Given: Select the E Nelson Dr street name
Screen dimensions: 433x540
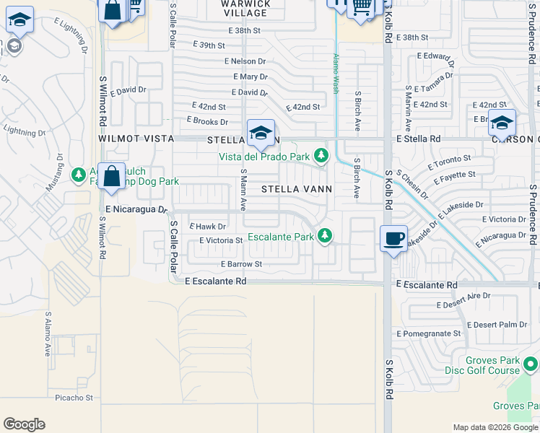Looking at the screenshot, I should pyautogui.click(x=245, y=61).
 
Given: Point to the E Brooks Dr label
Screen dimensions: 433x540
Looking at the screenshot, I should pyautogui.click(x=207, y=121).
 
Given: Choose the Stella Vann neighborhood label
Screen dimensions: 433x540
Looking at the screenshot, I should pyautogui.click(x=296, y=189).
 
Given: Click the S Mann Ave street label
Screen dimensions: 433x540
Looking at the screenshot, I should pyautogui.click(x=244, y=189).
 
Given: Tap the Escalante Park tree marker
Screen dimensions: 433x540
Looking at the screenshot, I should pyautogui.click(x=326, y=236).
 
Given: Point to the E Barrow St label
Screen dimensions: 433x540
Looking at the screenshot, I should pyautogui.click(x=241, y=264).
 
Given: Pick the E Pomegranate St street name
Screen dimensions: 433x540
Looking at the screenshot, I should pyautogui.click(x=427, y=333).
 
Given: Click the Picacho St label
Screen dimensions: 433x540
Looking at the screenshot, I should pyautogui.click(x=74, y=398).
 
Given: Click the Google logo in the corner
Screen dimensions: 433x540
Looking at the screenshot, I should pyautogui.click(x=24, y=424).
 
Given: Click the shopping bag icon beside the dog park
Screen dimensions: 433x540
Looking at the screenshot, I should pyautogui.click(x=112, y=177).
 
